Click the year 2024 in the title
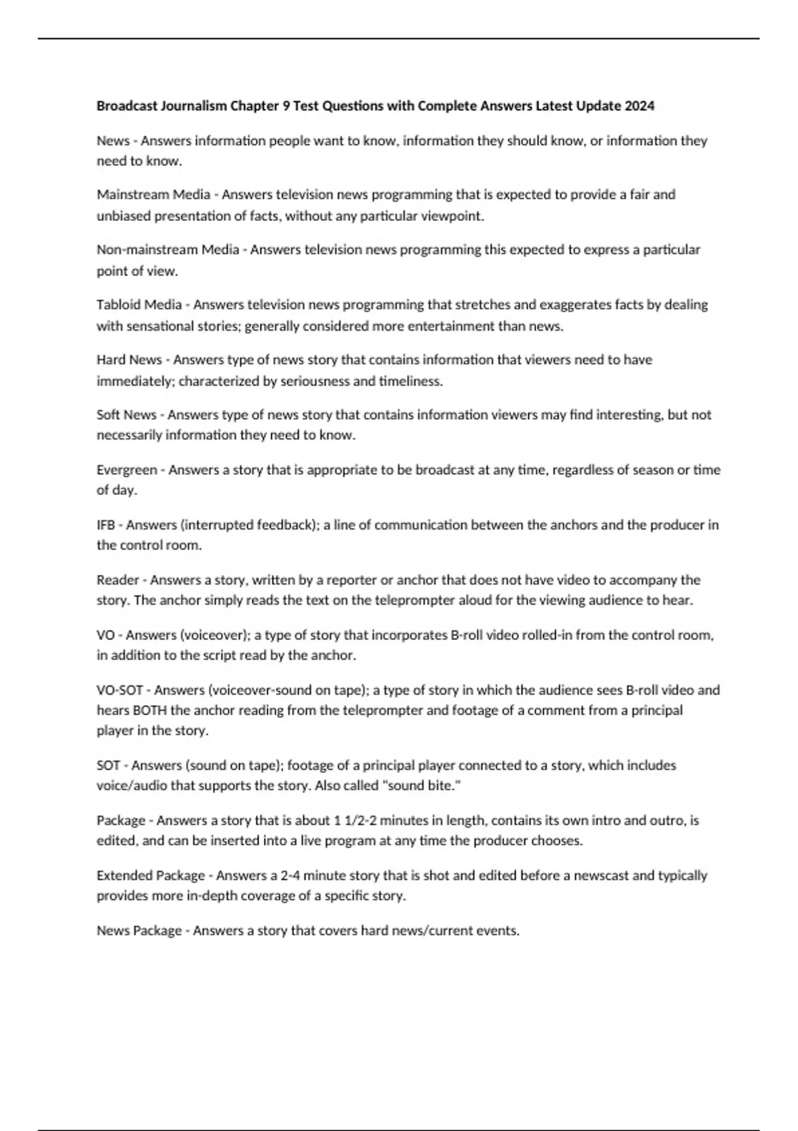pyautogui.click(x=640, y=106)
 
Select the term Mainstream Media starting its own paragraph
pyautogui.click(x=154, y=194)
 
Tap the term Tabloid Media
pyautogui.click(x=139, y=305)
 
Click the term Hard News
pyautogui.click(x=129, y=360)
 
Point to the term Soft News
pyautogui.click(x=126, y=415)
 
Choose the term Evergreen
pyautogui.click(x=127, y=470)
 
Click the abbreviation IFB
pyautogui.click(x=106, y=525)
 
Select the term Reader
pyautogui.click(x=118, y=580)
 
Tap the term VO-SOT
pyautogui.click(x=120, y=690)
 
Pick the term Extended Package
pyautogui.click(x=151, y=876)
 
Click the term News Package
pyautogui.click(x=139, y=931)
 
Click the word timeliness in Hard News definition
pyautogui.click(x=410, y=381)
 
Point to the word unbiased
pyautogui.click(x=124, y=216)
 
